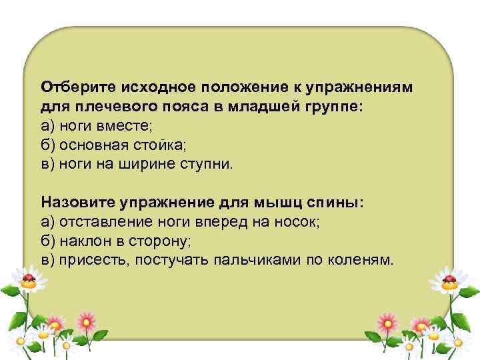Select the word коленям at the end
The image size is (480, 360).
(365, 259)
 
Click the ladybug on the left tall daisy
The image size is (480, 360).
(29, 278)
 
